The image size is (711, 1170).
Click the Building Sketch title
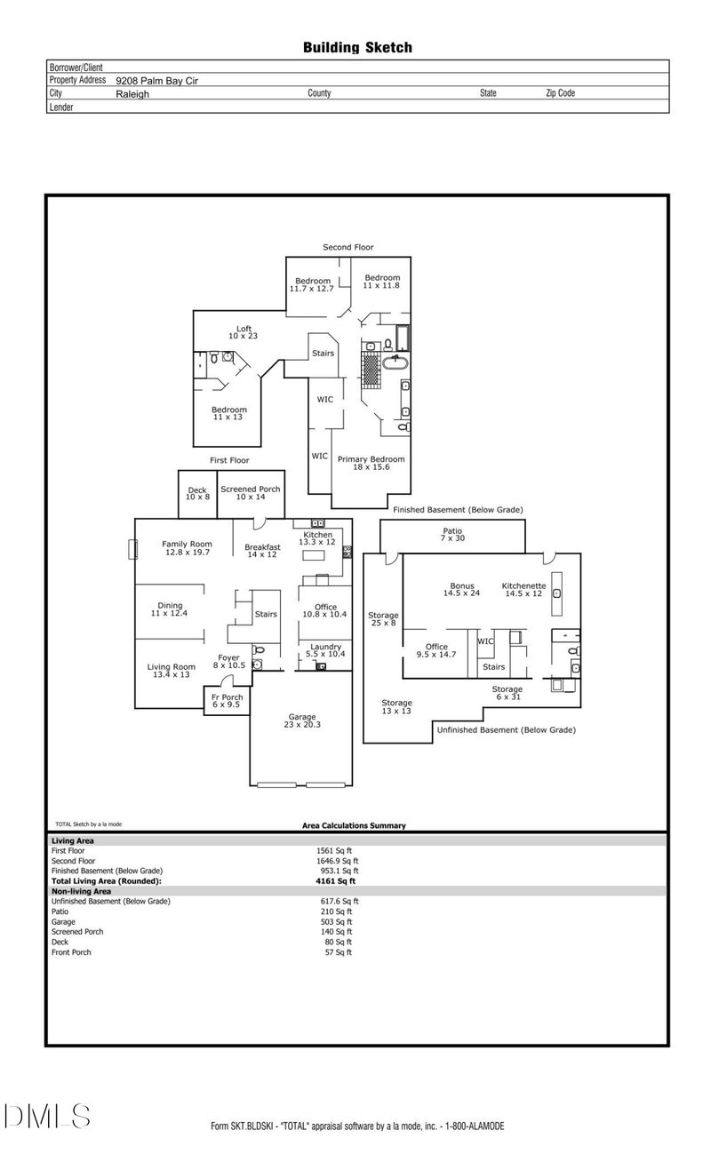tap(357, 48)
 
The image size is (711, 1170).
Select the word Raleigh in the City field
tap(132, 93)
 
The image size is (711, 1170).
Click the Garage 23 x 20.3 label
tap(302, 721)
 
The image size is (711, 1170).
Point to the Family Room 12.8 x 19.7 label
tap(187, 548)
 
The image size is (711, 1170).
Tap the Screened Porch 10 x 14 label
tap(251, 493)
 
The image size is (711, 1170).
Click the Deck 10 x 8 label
tap(197, 493)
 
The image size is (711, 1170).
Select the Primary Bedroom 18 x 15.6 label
tap(371, 463)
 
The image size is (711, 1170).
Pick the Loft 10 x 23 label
tap(244, 333)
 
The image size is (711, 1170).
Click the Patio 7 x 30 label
tap(452, 534)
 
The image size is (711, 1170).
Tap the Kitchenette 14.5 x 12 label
tap(523, 590)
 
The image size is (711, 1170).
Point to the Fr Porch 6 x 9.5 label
tap(227, 701)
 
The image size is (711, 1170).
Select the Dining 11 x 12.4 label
tap(170, 609)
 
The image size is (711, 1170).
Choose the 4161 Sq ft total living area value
tap(336, 881)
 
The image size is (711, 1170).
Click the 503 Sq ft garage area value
tap(336, 921)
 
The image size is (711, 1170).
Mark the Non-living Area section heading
tap(81, 891)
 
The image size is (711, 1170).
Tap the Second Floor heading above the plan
tap(348, 247)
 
